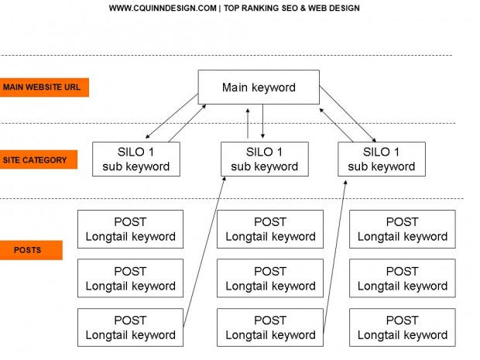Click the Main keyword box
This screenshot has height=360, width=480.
pos(259,87)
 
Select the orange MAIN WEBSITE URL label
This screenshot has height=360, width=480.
pos(45,87)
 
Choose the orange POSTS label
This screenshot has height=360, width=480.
pos(31,250)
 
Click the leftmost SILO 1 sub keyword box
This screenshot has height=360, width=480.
pos(135,159)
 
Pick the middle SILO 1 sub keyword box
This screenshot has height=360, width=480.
pos(264,159)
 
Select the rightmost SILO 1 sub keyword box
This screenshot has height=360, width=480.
pos(381,159)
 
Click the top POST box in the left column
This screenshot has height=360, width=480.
pos(130,229)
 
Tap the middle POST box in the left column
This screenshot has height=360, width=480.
pos(130,279)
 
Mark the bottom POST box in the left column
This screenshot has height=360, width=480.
pos(130,327)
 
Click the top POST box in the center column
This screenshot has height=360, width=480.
pos(270,229)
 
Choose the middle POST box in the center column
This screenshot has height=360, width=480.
pos(270,279)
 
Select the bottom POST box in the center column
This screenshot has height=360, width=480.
pos(270,327)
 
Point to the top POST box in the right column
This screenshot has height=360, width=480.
pos(402,229)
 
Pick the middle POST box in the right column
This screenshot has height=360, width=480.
pos(402,279)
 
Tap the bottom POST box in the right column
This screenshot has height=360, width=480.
pos(402,327)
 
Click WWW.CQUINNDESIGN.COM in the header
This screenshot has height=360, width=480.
pos(162,9)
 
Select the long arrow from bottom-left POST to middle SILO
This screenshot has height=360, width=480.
pos(204,254)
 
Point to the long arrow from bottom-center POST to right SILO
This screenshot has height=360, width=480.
pos(334,254)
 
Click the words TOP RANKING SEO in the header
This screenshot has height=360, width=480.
pos(263,9)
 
